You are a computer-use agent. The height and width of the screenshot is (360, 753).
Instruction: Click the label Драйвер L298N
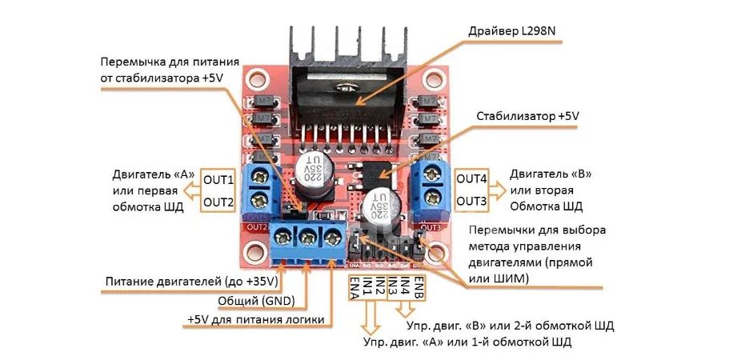tap(515, 32)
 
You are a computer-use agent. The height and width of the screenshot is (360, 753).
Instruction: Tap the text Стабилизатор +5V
tap(527, 117)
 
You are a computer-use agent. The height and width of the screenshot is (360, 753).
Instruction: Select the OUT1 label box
tap(218, 181)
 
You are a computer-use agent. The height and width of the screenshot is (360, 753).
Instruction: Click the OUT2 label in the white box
tap(218, 202)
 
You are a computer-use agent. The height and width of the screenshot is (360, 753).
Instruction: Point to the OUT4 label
tap(471, 179)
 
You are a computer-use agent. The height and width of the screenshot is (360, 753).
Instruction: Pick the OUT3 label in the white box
tap(471, 201)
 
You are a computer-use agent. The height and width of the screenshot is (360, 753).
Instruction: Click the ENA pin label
tap(354, 288)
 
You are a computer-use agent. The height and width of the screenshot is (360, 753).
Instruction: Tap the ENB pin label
tap(418, 286)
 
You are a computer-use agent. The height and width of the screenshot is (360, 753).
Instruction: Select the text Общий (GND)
tap(256, 301)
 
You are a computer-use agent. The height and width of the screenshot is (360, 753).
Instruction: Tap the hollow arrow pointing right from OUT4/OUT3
tap(498, 190)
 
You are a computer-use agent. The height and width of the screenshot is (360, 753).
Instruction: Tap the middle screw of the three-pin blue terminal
tap(307, 237)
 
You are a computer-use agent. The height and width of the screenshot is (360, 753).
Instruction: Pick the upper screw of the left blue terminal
tap(260, 178)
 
